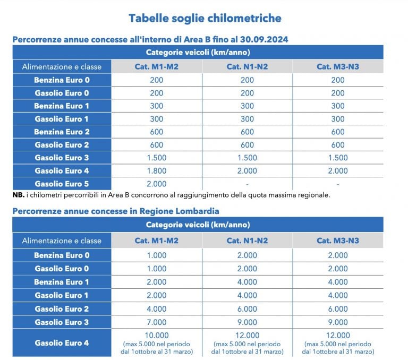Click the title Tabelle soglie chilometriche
click(205, 18)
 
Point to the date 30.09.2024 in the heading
click(267, 40)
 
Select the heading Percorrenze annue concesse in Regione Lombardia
click(115, 211)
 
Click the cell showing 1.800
click(156, 170)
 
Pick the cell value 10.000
click(156, 335)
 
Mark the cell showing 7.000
click(156, 322)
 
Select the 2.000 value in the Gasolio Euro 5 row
click(156, 184)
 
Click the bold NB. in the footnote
click(18, 195)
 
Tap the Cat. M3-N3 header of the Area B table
click(337, 66)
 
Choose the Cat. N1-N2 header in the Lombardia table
click(247, 241)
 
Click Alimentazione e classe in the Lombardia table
click(62, 241)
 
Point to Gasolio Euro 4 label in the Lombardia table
click(62, 343)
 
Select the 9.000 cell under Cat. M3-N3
click(337, 322)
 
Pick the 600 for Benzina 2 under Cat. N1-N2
click(247, 132)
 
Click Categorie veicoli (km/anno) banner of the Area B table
click(198, 53)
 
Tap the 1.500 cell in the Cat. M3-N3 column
click(337, 158)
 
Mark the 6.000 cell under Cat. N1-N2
click(247, 309)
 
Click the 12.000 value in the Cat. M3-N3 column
click(337, 335)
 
